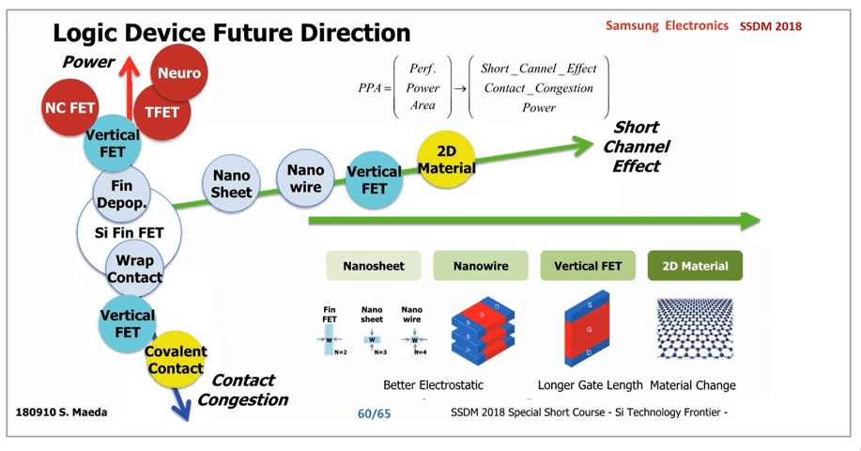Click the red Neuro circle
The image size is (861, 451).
tap(179, 73)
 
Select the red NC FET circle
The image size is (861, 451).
tap(70, 107)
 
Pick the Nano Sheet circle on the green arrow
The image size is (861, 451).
tap(231, 183)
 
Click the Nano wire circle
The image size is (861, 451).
tap(305, 178)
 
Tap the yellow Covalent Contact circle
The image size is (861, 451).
tap(175, 360)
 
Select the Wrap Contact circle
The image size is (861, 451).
tap(134, 269)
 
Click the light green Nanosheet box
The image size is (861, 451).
tap(373, 266)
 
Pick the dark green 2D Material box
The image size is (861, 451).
tap(696, 266)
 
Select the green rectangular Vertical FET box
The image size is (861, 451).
tap(588, 266)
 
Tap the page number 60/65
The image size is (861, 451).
tap(374, 413)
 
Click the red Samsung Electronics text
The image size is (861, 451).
tap(667, 26)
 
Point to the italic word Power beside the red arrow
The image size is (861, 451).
tap(88, 63)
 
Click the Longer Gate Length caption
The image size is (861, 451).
tap(590, 385)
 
